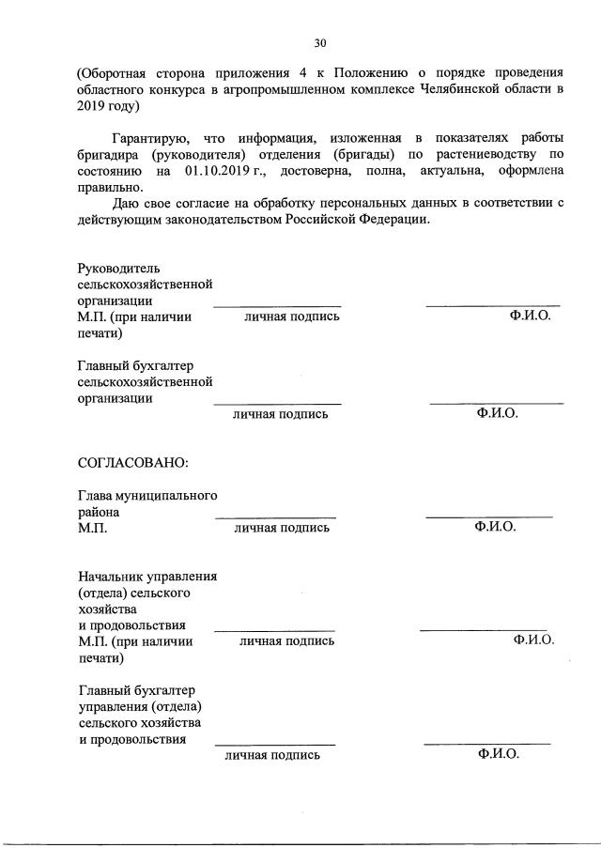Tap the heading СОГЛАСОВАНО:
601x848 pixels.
tap(132, 462)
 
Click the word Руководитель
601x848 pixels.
tap(119, 269)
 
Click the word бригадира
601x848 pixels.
tap(112, 156)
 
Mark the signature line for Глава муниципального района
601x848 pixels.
tap(275, 517)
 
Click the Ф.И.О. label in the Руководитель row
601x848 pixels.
tap(531, 316)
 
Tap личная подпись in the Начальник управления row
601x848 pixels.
tap(286, 640)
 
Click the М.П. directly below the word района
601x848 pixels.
tap(93, 528)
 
